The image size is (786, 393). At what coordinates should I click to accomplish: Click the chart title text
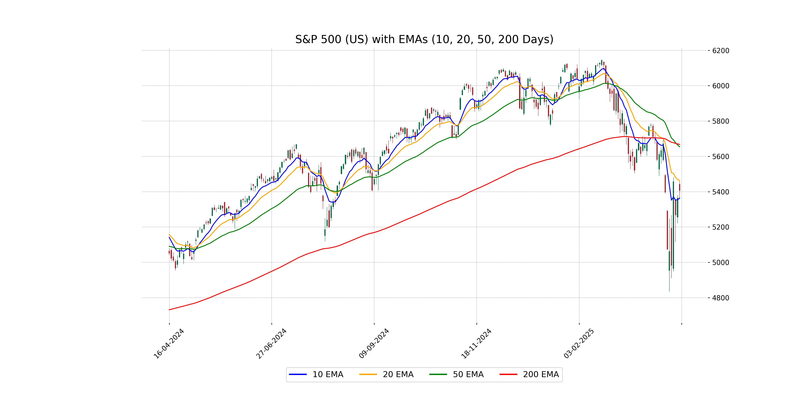click(424, 39)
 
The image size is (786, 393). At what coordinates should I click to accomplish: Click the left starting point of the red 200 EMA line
click(169, 310)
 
